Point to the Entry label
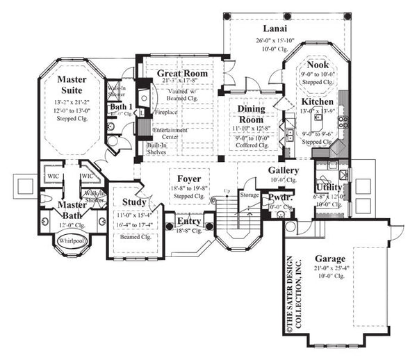188,222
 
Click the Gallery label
284,170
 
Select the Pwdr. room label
280,197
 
